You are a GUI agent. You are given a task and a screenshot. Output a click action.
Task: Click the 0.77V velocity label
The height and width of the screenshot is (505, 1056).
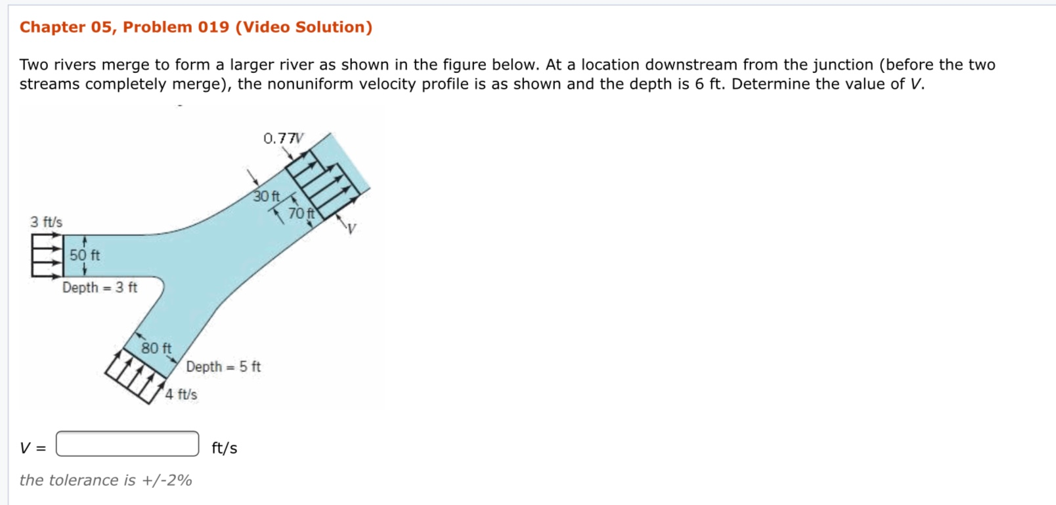click(x=283, y=138)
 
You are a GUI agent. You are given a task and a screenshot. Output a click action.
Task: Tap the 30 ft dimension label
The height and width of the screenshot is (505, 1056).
click(x=267, y=196)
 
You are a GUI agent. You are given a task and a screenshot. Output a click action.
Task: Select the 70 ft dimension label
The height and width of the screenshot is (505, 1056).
click(x=301, y=214)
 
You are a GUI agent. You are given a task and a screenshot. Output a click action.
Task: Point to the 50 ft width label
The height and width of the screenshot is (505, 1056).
click(x=85, y=255)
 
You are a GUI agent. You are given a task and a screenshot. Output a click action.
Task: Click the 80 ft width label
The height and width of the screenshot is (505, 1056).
click(x=156, y=348)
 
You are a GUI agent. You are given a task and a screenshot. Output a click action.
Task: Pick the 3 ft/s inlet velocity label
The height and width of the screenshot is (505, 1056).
click(x=46, y=222)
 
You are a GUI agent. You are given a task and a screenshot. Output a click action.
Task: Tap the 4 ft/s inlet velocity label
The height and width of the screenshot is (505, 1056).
click(x=181, y=395)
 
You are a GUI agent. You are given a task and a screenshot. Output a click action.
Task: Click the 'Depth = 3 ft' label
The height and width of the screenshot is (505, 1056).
click(x=100, y=287)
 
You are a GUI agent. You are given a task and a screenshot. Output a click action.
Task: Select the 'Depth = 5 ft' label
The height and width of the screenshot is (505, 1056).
click(x=223, y=366)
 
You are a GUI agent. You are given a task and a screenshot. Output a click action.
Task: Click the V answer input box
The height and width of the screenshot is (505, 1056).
click(x=127, y=444)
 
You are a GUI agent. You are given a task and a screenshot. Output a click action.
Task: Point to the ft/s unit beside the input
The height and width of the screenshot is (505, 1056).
click(x=225, y=448)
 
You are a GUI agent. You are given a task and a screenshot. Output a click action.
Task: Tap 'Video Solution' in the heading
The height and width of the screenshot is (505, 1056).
click(x=303, y=27)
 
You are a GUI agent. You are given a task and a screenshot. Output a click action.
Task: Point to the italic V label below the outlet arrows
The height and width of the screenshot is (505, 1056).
click(x=352, y=229)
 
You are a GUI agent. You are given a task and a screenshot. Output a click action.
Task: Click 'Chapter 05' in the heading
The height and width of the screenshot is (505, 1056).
click(x=66, y=27)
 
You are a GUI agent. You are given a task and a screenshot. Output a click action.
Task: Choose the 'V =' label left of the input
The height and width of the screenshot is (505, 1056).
click(x=33, y=448)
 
